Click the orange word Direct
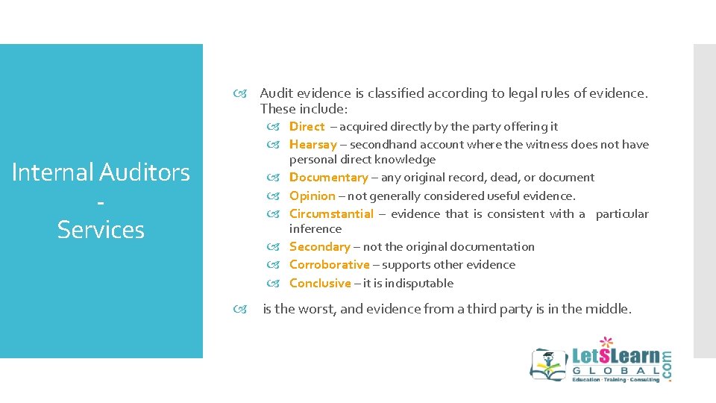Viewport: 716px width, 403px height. coord(307,127)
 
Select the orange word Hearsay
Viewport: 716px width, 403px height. coord(313,145)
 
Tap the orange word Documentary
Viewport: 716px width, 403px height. coord(328,178)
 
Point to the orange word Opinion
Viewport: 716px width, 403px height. coord(312,196)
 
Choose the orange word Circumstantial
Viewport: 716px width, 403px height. coord(331,214)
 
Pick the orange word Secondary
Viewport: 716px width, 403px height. coord(319,247)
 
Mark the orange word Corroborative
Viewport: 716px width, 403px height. coord(329,265)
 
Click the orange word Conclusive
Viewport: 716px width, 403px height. coord(319,284)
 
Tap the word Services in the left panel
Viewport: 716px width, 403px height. coord(101,230)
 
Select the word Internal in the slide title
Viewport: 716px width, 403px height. coord(52,173)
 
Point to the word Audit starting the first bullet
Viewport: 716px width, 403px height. coord(276,93)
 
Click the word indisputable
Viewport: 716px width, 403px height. coord(419,284)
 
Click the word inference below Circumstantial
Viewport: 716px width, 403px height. coord(315,229)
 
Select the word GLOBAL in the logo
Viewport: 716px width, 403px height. coord(616,371)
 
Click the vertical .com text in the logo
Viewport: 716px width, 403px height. coord(666,366)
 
